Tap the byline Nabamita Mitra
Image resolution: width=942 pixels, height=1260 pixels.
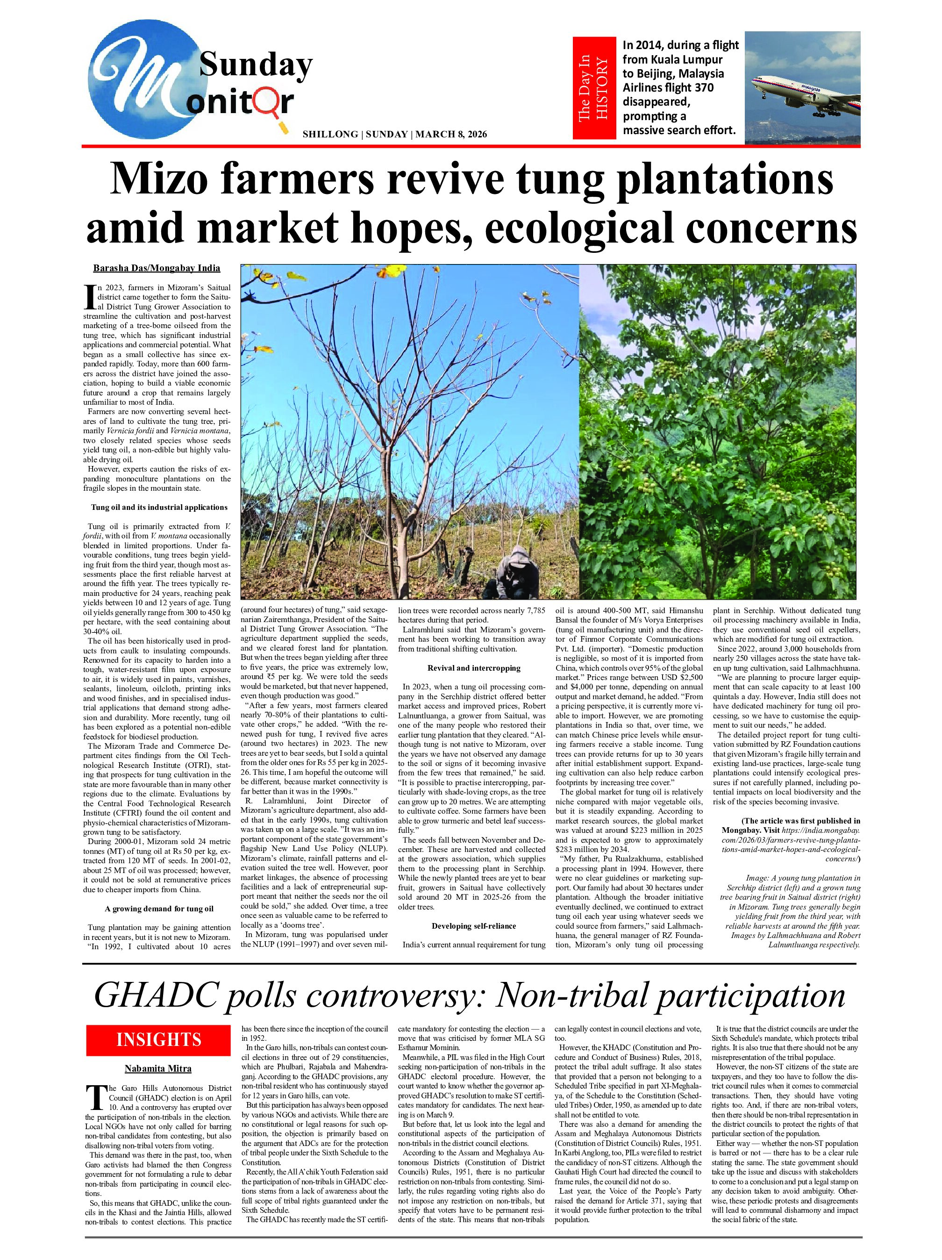click(158, 1068)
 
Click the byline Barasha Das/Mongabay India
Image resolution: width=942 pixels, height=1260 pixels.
click(157, 268)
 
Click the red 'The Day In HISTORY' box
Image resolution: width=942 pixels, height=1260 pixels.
click(594, 88)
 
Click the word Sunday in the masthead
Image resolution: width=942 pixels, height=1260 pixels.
click(256, 65)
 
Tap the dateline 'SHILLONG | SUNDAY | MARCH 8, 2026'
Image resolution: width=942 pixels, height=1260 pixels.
click(395, 135)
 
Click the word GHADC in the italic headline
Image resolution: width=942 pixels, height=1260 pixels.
click(150, 995)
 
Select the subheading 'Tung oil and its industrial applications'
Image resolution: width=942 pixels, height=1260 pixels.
click(159, 507)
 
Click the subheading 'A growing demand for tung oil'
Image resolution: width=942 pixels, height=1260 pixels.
click(159, 909)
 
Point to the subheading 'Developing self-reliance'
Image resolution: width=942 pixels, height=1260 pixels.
click(474, 926)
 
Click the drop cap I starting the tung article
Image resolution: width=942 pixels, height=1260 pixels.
click(88, 294)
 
